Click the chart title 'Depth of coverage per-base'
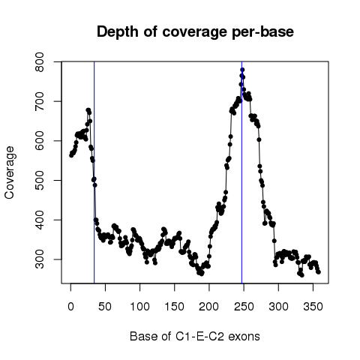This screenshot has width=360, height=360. click(x=195, y=32)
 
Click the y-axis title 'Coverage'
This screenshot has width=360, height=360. click(x=9, y=172)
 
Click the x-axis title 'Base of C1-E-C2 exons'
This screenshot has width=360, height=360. click(x=195, y=336)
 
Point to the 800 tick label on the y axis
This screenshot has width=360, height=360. click(x=40, y=61)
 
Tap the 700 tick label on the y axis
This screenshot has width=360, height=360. click(x=40, y=101)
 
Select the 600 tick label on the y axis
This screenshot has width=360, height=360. click(x=40, y=141)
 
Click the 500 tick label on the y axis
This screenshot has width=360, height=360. click(x=40, y=180)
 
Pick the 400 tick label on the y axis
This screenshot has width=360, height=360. click(x=40, y=220)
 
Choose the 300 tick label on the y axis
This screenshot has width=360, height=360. click(x=40, y=259)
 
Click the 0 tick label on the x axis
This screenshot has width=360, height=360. click(x=70, y=307)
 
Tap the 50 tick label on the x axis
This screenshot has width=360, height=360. click(x=105, y=307)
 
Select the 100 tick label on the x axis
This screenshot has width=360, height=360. click(x=139, y=307)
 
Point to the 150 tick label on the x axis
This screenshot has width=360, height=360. click(x=174, y=307)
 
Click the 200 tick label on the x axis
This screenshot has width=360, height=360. click(x=209, y=307)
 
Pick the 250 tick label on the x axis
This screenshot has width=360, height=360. click(x=244, y=307)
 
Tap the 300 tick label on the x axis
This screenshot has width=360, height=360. click(x=278, y=307)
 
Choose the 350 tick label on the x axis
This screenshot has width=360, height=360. click(x=313, y=307)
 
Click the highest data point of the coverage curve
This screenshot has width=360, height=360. click(x=242, y=70)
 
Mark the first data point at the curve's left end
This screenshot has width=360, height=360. click(x=71, y=155)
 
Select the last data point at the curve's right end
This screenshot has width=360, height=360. click(x=319, y=272)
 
